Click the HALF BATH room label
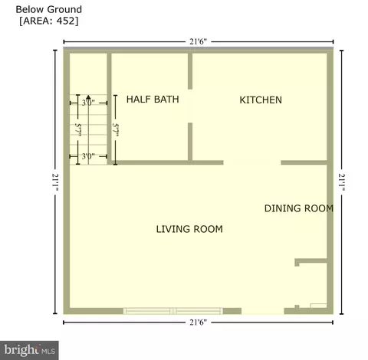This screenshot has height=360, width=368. coord(153,100)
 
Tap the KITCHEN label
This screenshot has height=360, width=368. coord(261,100)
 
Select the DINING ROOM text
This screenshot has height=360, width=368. coord(299,208)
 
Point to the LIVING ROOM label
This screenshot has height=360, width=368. coord(189,229)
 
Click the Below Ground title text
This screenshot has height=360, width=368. coord(49,9)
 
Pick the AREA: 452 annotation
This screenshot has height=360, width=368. coord(49,21)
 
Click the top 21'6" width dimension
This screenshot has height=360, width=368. coord(198,41)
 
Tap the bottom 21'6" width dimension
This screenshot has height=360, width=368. coord(198,322)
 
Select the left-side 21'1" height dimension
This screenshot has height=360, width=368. coord(55,182)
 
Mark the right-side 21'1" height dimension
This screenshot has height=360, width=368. coord(342,182)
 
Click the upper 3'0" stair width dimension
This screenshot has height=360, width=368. coord(88,103)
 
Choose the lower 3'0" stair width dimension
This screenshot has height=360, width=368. coord(88,156)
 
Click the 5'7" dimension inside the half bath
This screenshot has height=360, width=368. coord(116,129)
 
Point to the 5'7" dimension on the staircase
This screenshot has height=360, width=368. coord(78,129)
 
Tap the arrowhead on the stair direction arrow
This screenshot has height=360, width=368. coord(88,97)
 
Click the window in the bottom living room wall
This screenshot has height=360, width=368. coord(173,311)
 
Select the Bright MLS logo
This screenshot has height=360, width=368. coord(29,350)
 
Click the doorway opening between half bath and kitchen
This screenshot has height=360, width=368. coord(190,106)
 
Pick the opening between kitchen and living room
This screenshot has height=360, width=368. coord(252,162)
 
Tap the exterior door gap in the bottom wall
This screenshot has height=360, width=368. coord(263,311)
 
